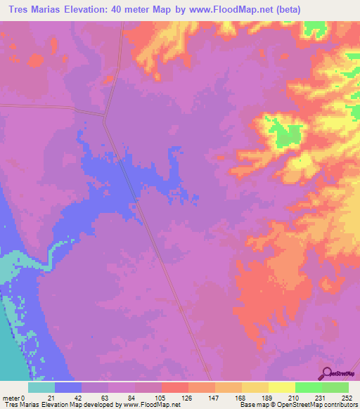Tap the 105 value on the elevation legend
(x=162, y=397)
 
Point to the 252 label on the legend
(x=347, y=397)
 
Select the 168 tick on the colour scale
(x=241, y=397)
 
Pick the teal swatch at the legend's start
(x=41, y=387)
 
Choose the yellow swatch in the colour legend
(x=282, y=387)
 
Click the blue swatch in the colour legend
(x=68, y=387)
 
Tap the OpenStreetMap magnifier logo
(x=327, y=373)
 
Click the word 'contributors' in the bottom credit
(x=337, y=405)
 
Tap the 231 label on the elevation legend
(x=321, y=397)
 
